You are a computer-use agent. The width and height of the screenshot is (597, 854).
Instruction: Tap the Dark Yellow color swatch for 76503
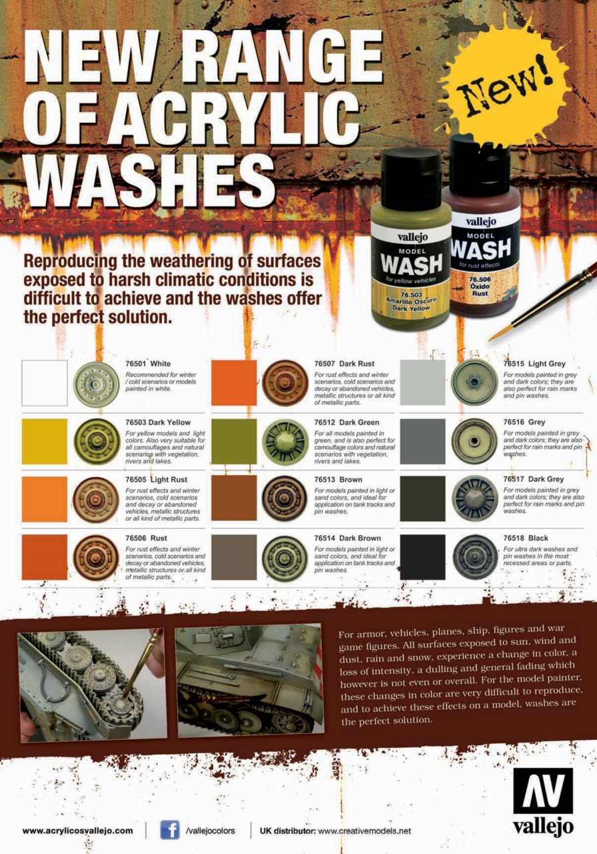[45, 442]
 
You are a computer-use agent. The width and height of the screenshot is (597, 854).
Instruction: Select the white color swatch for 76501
[45, 383]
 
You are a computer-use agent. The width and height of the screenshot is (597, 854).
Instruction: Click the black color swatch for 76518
[422, 557]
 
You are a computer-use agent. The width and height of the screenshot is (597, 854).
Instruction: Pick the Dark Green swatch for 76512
[234, 442]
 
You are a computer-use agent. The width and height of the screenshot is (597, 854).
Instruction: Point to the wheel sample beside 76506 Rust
[95, 558]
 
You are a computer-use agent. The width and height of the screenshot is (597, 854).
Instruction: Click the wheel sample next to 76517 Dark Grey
[475, 498]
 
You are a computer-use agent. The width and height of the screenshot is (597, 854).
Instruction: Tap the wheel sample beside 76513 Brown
[285, 498]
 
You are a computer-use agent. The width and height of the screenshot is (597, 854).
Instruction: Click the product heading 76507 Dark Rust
[344, 364]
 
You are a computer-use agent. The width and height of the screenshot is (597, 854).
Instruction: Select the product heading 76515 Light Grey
[534, 364]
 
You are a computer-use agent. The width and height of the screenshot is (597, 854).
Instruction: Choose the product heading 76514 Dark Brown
[347, 538]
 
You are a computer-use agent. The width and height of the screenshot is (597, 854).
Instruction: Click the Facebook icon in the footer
[170, 829]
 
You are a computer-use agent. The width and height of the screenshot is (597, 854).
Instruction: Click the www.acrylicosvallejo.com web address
[78, 831]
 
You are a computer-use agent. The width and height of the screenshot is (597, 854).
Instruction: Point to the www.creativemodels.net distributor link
[364, 831]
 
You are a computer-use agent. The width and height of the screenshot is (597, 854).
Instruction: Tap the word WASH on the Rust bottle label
[481, 249]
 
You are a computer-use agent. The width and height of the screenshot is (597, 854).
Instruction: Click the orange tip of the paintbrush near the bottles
[496, 335]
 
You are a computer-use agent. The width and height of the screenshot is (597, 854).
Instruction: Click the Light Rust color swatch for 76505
[45, 498]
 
